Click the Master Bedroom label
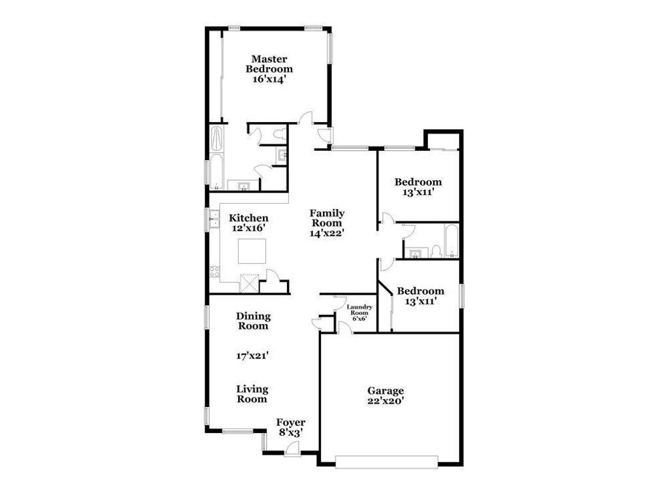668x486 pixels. point(269,64)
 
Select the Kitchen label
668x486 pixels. point(248,218)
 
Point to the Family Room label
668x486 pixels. point(327,218)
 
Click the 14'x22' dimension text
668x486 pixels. point(327,232)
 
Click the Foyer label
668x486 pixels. point(290,423)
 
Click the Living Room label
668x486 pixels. point(252,394)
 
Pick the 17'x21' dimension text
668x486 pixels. point(252,356)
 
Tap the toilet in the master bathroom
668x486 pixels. point(279,134)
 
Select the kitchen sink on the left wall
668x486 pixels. point(213,219)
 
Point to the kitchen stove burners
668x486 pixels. point(213,271)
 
